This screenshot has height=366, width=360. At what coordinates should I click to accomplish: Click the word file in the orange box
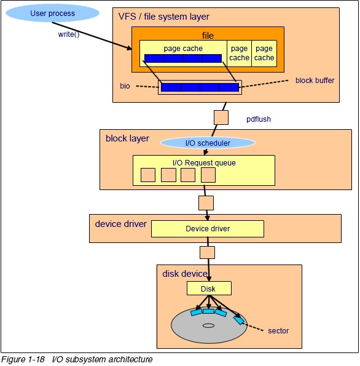click(x=208, y=36)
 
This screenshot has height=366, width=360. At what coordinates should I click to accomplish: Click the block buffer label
click(x=315, y=80)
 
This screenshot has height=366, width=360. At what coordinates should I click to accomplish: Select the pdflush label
click(x=259, y=119)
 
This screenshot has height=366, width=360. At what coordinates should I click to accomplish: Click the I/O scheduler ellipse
click(x=208, y=143)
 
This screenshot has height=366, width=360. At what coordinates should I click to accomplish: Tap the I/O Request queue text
click(x=203, y=162)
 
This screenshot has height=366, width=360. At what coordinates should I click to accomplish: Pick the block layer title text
click(x=127, y=138)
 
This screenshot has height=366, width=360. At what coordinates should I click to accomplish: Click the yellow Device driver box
click(x=208, y=229)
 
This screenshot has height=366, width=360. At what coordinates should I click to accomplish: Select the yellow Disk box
click(x=209, y=288)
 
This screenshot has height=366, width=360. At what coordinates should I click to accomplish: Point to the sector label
click(x=278, y=331)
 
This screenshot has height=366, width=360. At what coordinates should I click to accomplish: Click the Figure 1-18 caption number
click(x=23, y=359)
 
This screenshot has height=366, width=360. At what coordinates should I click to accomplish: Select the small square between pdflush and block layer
click(x=221, y=117)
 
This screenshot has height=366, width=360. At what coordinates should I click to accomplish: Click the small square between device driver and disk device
click(x=208, y=252)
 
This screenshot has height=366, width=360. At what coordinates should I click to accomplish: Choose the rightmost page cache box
click(x=264, y=53)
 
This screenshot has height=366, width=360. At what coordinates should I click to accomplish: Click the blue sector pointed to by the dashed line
click(x=238, y=320)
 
